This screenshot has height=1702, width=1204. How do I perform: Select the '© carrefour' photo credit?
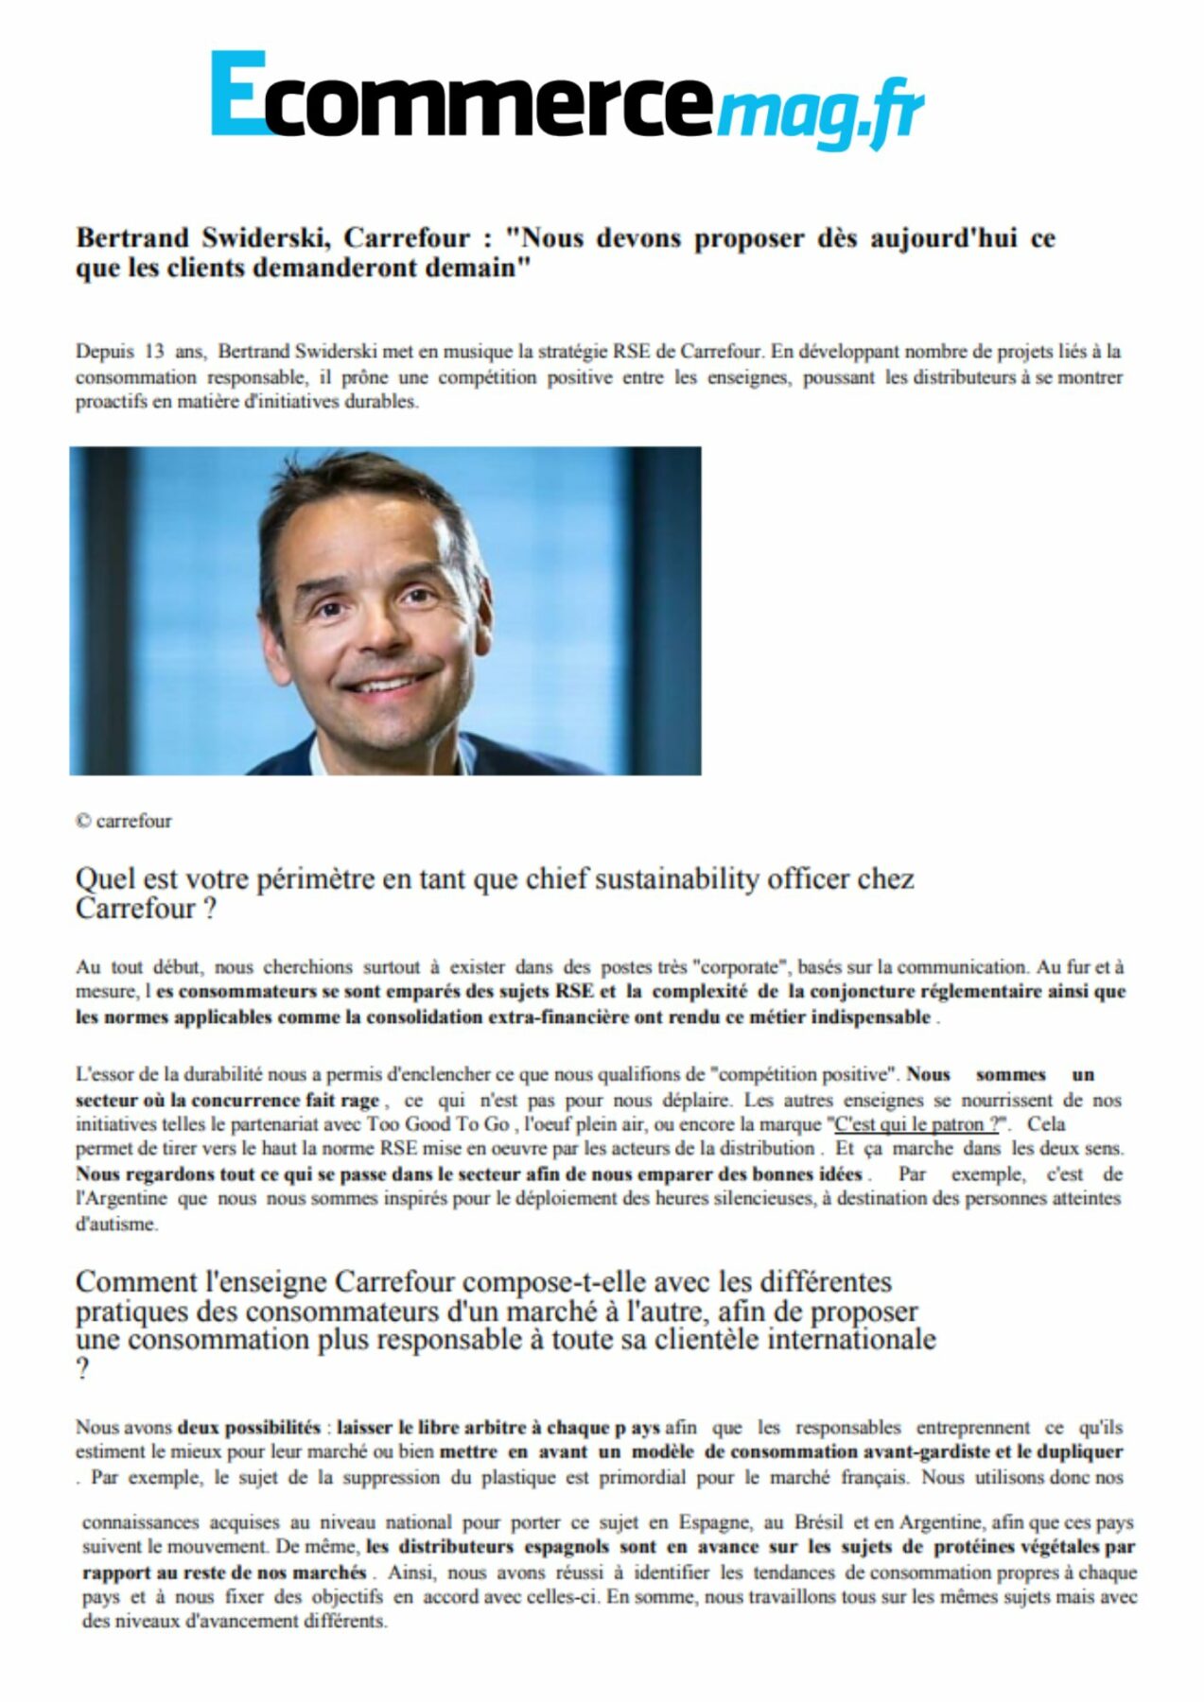coord(124,821)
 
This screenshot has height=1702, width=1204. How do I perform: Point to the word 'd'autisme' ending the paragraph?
coord(116,1224)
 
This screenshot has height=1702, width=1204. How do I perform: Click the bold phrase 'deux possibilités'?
coord(249,1427)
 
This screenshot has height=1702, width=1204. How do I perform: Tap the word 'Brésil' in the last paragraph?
coord(819,1523)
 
